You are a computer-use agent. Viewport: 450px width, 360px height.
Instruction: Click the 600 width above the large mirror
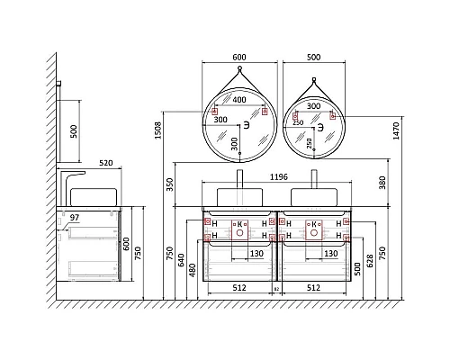pyautogui.click(x=238, y=58)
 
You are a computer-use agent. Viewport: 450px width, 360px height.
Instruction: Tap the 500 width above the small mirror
pyautogui.click(x=312, y=58)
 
